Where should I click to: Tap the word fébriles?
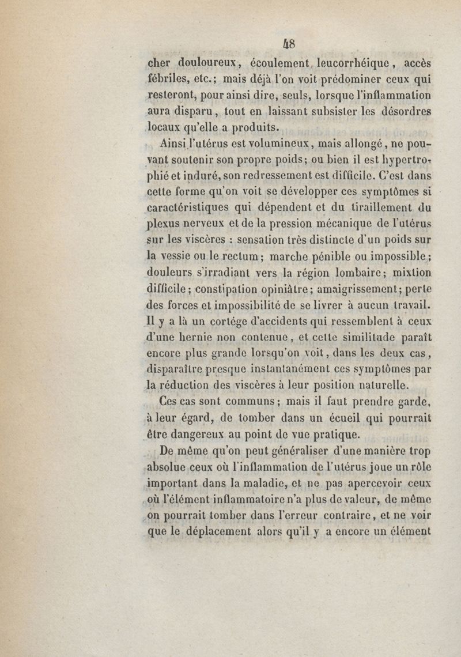(x=170, y=80)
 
